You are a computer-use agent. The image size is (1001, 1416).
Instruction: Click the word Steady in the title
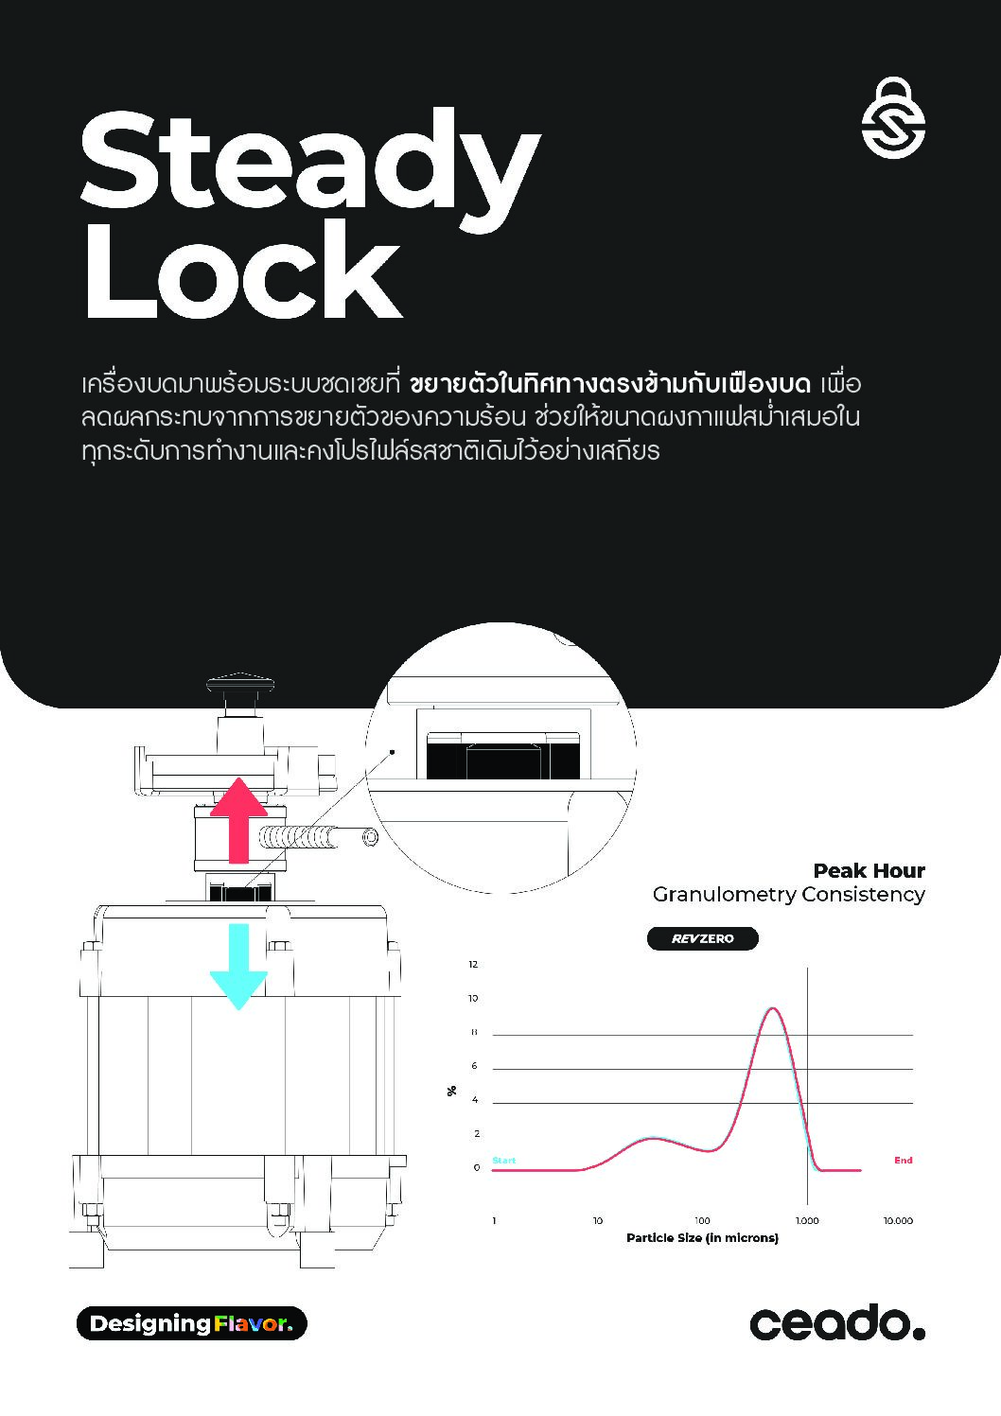click(310, 170)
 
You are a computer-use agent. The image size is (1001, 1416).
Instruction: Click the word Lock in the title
click(243, 271)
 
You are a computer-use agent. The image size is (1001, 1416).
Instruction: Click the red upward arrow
click(238, 820)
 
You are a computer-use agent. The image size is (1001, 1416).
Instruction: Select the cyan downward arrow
click(238, 967)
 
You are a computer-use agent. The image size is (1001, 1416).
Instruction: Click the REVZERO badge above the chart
click(703, 938)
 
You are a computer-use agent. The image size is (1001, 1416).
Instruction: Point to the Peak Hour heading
click(869, 871)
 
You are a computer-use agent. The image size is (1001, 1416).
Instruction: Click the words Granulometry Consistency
click(788, 895)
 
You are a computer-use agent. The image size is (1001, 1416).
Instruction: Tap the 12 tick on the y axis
click(473, 965)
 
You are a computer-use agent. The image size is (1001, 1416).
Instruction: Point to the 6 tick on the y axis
click(474, 1066)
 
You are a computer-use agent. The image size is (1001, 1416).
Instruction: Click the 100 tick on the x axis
click(702, 1220)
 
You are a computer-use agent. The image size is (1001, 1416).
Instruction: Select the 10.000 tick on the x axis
click(898, 1220)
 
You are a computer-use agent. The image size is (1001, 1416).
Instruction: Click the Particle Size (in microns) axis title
click(702, 1238)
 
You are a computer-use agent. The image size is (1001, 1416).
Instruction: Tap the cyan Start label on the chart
click(504, 1160)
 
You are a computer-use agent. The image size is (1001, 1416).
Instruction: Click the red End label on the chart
click(903, 1160)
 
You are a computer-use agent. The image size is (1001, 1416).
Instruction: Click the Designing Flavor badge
click(192, 1323)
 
